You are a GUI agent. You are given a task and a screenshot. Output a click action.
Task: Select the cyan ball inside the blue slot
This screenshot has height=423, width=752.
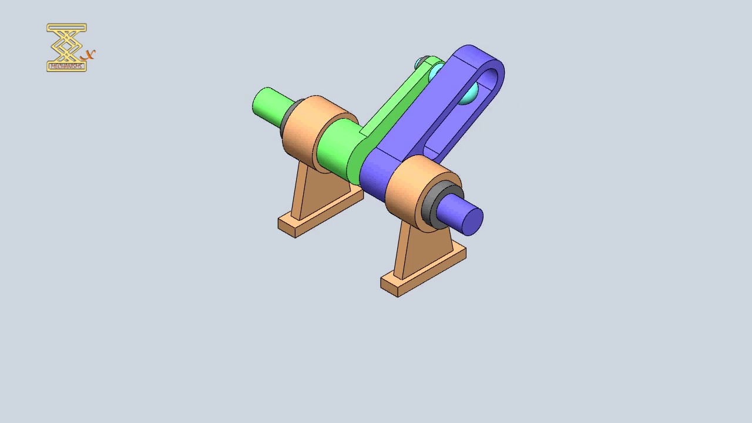click(467, 95)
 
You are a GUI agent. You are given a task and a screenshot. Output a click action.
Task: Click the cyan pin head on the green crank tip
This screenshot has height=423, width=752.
click(422, 63)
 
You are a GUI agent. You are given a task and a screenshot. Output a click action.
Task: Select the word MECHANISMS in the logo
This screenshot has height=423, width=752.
click(66, 66)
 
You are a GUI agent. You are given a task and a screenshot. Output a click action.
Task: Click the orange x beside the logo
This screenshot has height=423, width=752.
click(89, 55)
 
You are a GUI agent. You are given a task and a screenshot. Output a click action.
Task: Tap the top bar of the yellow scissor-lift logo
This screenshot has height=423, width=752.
click(66, 27)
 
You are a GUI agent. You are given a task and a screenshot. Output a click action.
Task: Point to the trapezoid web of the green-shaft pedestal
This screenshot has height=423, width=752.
click(323, 188)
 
